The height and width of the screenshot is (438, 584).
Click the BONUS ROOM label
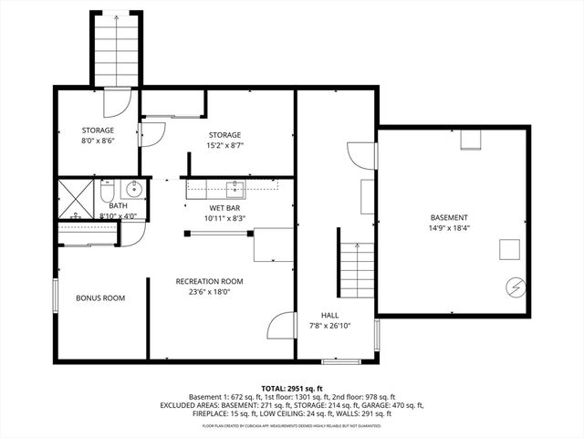pos(100,298)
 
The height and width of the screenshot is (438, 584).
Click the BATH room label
pos(118,205)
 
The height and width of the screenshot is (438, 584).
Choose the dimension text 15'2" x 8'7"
pos(225,144)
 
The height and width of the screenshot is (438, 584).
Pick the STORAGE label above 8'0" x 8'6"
pos(98,130)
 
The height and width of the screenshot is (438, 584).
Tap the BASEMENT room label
pos(452,217)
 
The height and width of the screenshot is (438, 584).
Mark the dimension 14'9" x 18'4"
pos(452,228)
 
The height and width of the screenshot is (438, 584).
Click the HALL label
pos(329,314)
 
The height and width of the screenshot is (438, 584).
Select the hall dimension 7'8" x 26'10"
pos(329,325)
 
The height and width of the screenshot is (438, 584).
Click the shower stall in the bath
pos(77,198)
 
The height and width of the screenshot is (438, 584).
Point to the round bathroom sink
pos(133,190)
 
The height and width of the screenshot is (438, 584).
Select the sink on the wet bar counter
pos(235,189)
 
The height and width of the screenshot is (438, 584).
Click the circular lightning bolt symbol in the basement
pos(514,287)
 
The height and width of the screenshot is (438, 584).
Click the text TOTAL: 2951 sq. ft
pos(292,388)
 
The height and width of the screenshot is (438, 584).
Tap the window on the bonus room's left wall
pos(56,297)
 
